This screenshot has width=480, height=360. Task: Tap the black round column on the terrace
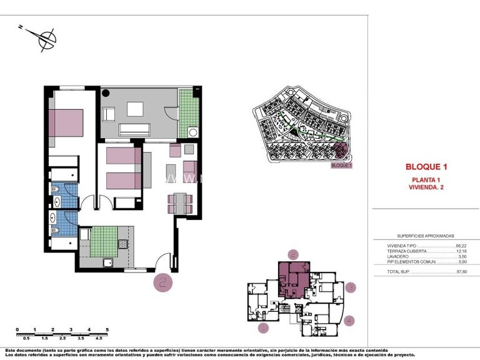pos(106,94)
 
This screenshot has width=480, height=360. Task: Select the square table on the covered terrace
pos(136,109)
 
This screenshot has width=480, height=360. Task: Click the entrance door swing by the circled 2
pos(164,260)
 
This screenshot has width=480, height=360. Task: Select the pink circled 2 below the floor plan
pos(164,282)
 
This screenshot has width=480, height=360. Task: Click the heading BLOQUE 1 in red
pos(426,167)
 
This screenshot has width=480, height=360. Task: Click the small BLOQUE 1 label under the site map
pos(341,166)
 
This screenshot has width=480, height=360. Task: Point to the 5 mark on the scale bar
pos(107,329)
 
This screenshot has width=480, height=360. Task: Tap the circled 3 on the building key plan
pos(352,287)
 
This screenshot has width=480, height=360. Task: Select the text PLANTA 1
pos(426,180)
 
